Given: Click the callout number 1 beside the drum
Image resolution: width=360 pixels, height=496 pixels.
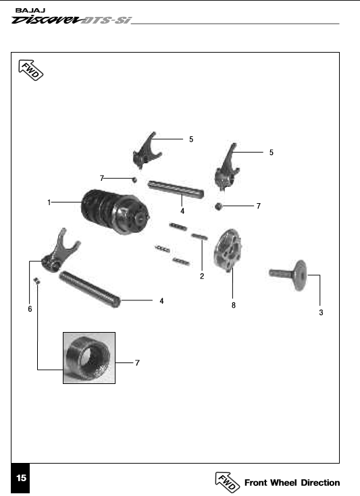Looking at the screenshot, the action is (49, 202).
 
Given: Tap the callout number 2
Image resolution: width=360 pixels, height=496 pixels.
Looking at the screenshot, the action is (202, 276).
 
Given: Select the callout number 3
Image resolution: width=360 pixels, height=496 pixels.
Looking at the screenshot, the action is (321, 312).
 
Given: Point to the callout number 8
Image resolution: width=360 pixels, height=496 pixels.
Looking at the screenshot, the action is (233, 305).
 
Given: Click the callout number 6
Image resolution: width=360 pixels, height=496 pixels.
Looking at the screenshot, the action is (30, 309).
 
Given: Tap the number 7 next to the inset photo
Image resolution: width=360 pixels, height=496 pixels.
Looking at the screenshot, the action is (137, 363).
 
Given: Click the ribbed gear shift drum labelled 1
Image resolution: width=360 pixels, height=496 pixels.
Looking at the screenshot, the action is (115, 212).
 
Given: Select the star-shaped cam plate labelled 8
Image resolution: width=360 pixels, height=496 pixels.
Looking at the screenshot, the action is (228, 250).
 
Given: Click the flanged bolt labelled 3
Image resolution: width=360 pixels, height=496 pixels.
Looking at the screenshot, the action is (288, 275).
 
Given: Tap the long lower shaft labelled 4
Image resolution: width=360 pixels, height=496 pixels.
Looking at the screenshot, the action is (90, 289).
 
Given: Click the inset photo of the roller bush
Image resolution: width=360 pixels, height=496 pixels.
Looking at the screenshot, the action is (89, 358).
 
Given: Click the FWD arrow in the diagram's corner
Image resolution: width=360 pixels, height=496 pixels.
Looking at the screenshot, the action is (30, 70).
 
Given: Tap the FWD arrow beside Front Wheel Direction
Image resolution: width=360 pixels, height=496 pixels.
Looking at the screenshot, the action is (228, 483).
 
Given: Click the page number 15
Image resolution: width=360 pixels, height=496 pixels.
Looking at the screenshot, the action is (21, 478).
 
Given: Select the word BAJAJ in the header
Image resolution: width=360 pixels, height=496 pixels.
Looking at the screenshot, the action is (30, 10).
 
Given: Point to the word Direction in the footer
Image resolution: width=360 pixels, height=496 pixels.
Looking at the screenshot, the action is (320, 483).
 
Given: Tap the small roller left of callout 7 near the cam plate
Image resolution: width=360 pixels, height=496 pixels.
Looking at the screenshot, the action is (217, 206).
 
